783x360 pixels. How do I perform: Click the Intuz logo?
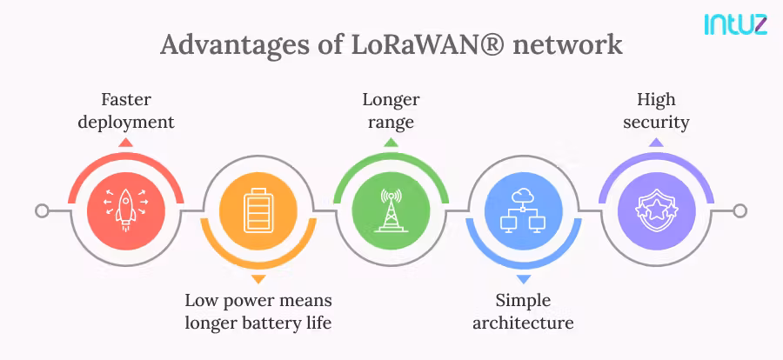coord(735,23)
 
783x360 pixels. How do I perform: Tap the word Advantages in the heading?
coord(224,44)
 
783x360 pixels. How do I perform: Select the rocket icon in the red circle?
coord(125,211)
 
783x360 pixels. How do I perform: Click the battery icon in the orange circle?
coord(258,211)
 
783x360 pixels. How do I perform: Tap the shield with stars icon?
coord(656,211)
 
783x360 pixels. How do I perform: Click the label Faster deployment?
coord(125,111)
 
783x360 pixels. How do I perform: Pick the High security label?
coord(656,111)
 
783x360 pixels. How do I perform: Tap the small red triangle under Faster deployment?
coord(125,142)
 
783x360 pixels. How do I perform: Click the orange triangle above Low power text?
coord(258,280)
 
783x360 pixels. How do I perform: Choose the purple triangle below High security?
coord(656,142)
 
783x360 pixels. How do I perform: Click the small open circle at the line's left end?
coord(42,211)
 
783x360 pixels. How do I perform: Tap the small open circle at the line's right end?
coord(739,211)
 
